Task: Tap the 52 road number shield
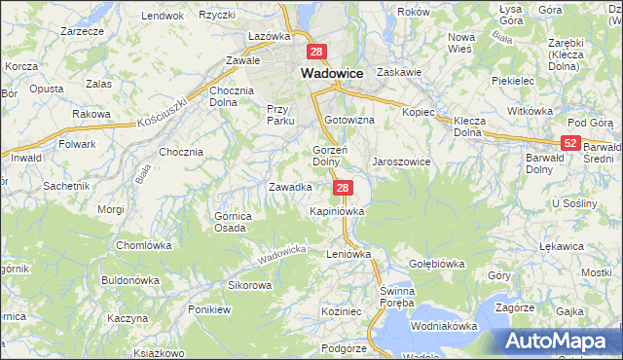[x=571, y=143]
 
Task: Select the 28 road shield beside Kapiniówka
[x=342, y=187]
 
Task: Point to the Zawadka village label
[x=290, y=187]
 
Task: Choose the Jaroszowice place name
[x=401, y=162]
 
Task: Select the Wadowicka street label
[x=282, y=256]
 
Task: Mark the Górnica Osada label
[x=233, y=221]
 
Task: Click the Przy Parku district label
[x=280, y=115]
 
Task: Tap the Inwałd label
[x=26, y=157]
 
